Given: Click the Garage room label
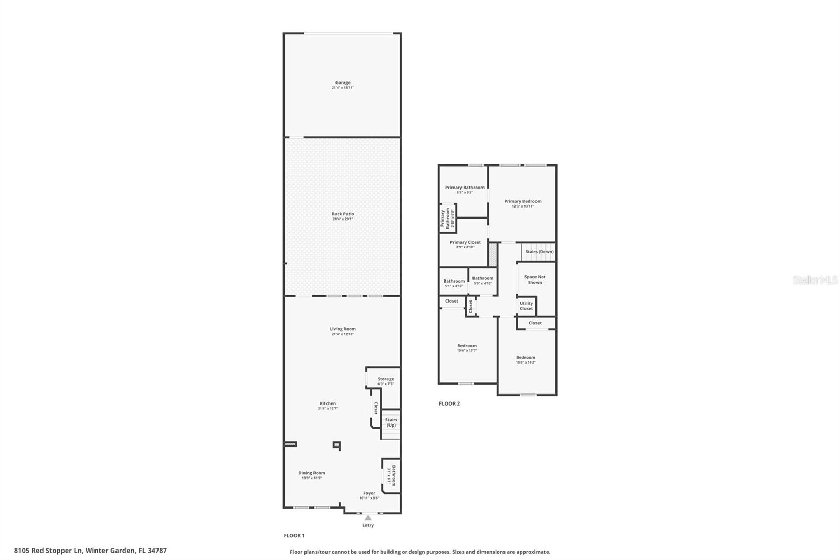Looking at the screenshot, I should click(x=343, y=82).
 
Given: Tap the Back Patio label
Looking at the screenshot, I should click(x=343, y=214).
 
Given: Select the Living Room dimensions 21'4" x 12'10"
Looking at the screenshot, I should click(x=343, y=334).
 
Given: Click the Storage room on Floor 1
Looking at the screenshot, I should click(x=385, y=379).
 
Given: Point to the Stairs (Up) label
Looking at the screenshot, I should click(x=391, y=422).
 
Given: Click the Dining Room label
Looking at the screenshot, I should click(x=312, y=473).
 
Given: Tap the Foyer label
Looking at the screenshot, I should click(x=369, y=493).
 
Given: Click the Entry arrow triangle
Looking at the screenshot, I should click(x=368, y=518).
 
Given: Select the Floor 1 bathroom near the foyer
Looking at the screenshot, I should click(x=391, y=475).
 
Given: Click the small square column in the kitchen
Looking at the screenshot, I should click(x=337, y=445).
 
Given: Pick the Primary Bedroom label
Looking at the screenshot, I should click(x=523, y=201).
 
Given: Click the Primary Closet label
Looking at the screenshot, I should click(x=465, y=242).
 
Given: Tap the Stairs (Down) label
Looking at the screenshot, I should click(x=539, y=252).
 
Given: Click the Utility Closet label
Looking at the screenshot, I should click(x=526, y=306).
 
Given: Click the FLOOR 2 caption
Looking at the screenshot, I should click(x=449, y=403).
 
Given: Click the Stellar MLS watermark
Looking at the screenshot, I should click(x=815, y=281).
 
